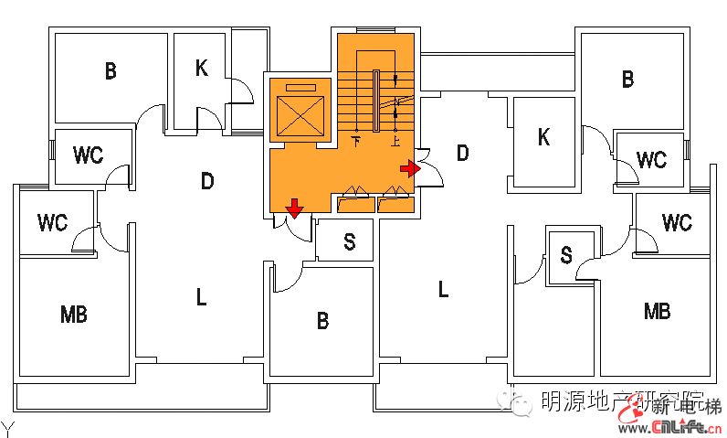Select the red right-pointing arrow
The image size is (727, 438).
[x=410, y=168]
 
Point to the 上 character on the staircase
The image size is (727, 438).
[x=395, y=141]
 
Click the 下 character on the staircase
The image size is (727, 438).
[x=356, y=141]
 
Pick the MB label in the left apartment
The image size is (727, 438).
[x=74, y=315]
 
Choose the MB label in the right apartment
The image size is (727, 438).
[x=657, y=311]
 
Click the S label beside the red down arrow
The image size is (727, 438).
[x=349, y=241]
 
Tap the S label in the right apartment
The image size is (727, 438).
[x=566, y=256]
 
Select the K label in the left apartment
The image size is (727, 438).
[x=202, y=68]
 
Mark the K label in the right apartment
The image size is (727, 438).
[x=543, y=138]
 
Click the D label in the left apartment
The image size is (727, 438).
[x=207, y=182]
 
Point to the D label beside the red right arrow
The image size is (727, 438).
[x=462, y=153]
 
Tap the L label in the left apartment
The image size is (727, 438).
[x=201, y=296]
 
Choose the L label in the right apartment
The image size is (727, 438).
[x=443, y=290]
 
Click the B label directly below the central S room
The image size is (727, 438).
[x=322, y=321]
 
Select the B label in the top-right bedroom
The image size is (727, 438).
[x=627, y=80]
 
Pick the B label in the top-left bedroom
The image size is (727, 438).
[x=111, y=71]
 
